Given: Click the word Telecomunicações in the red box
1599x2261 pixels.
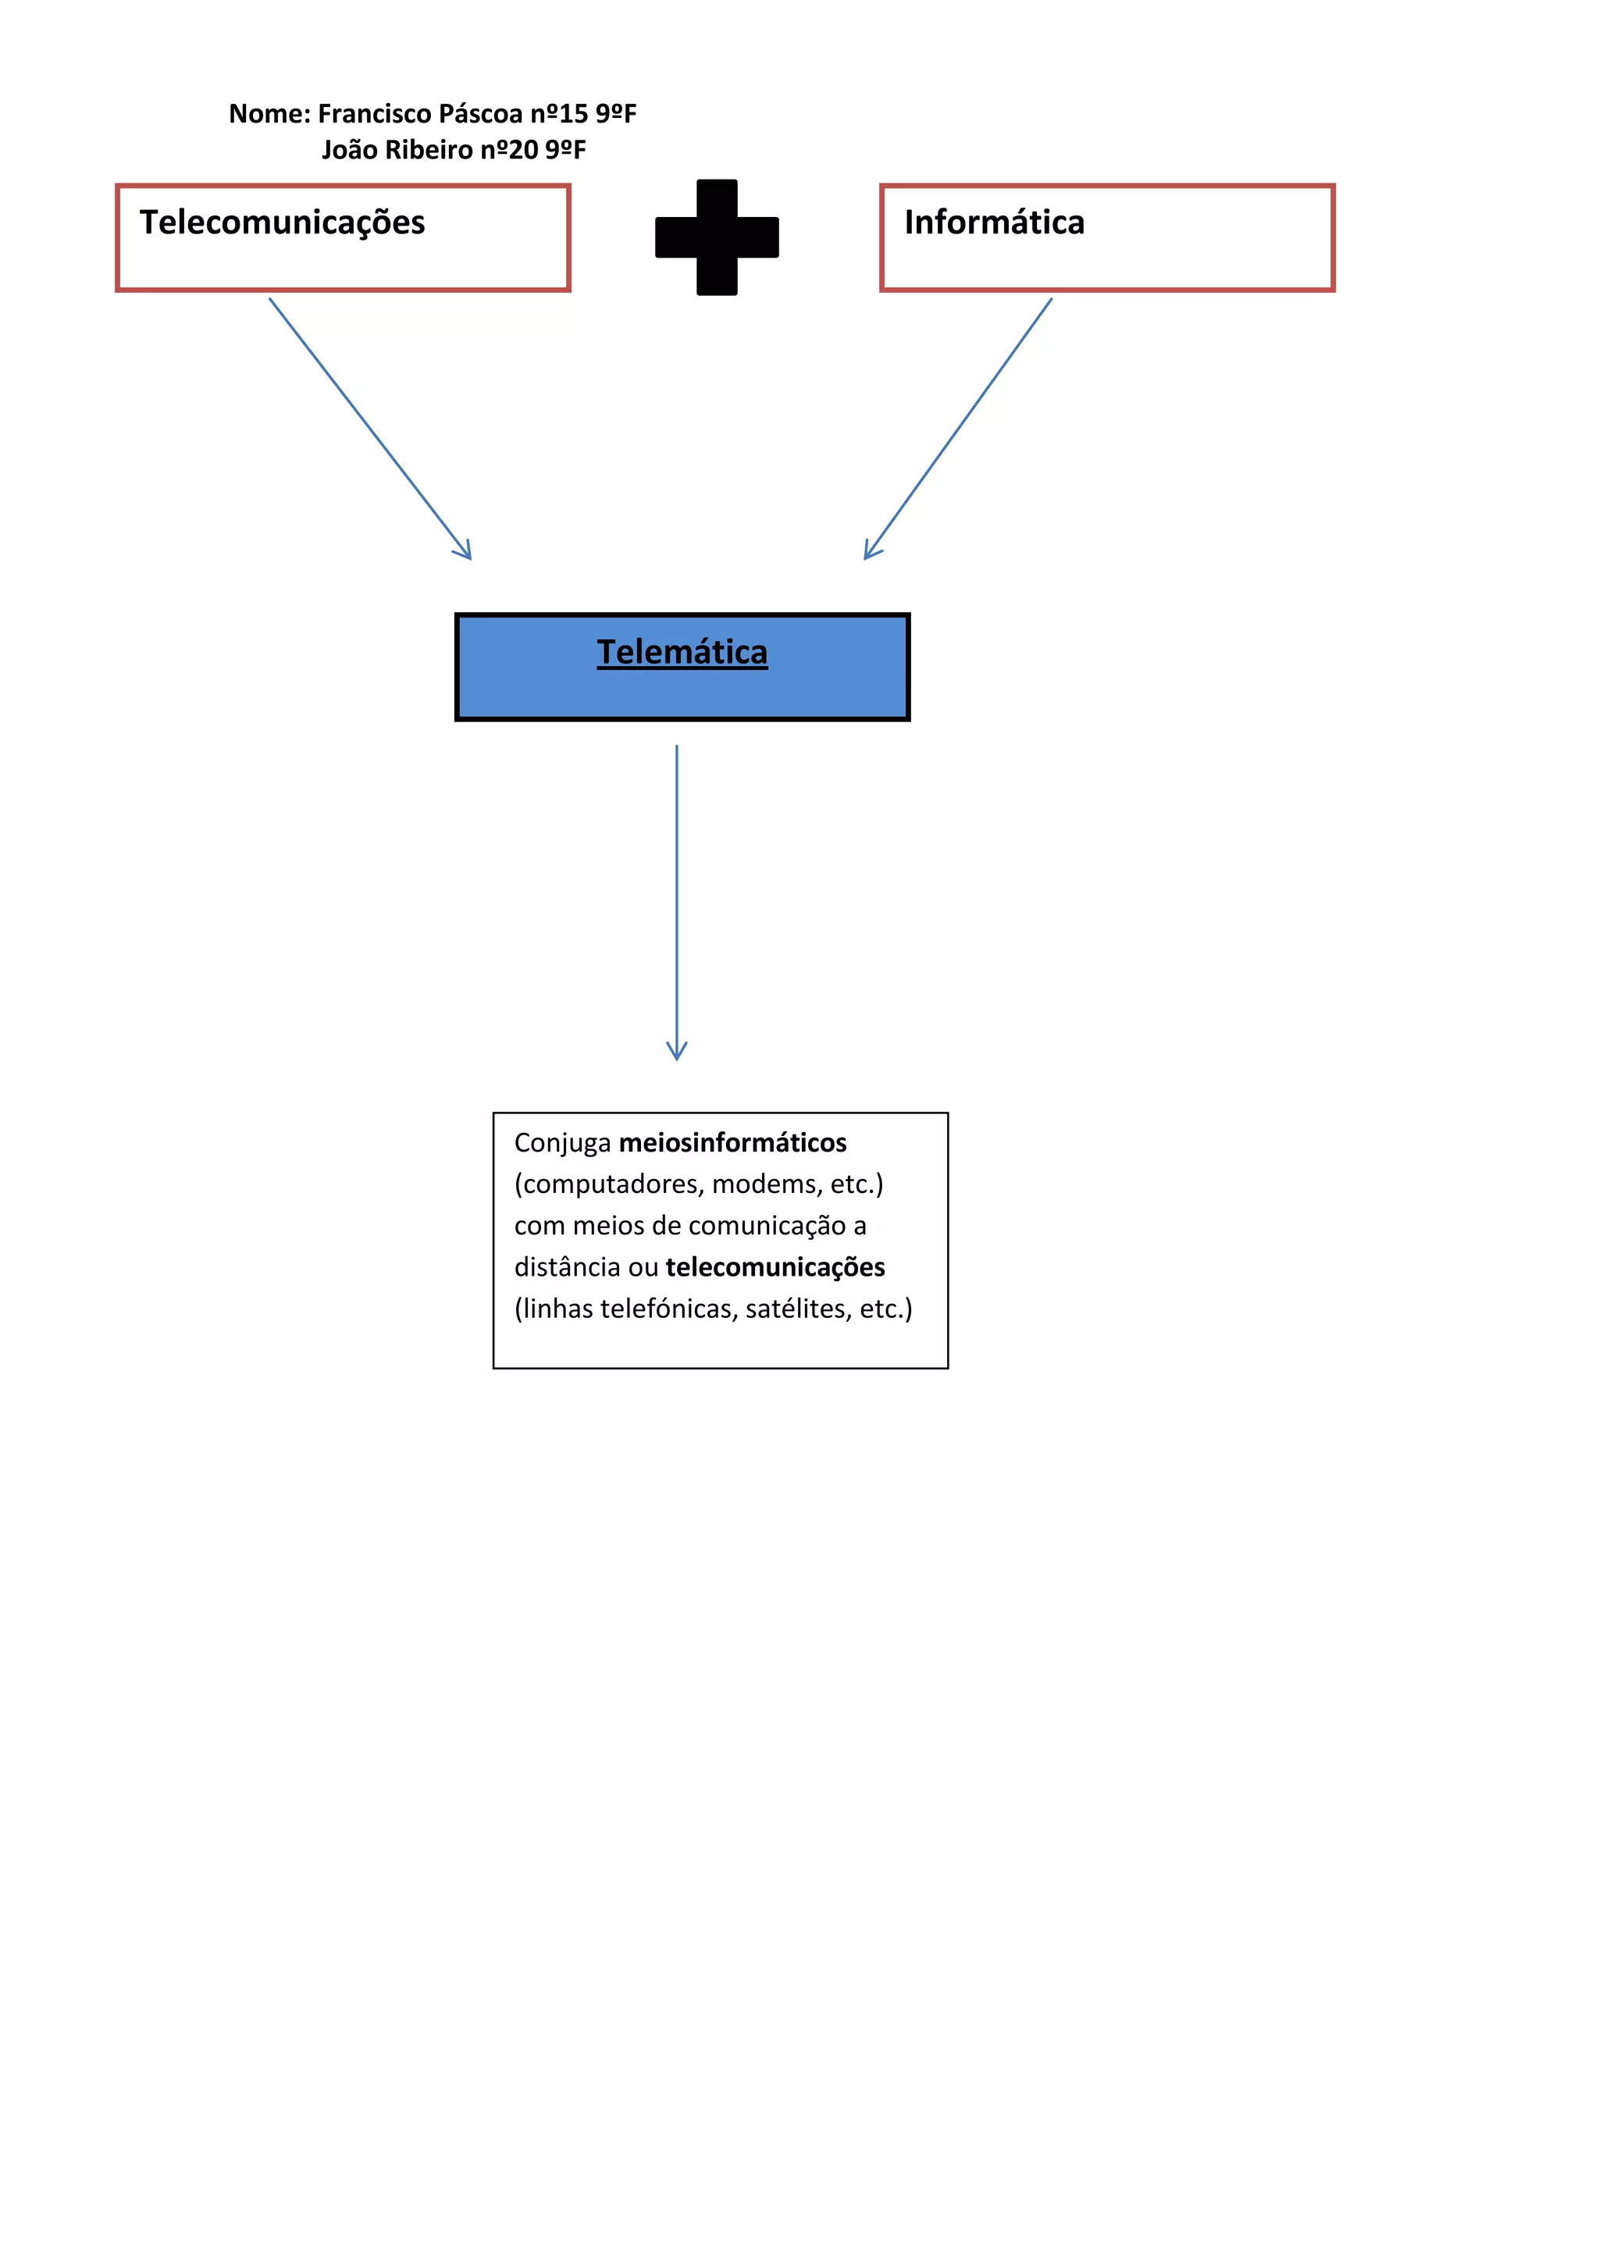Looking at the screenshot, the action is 282,223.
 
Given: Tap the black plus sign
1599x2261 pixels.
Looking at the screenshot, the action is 717,237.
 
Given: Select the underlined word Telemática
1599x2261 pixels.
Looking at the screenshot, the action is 682,653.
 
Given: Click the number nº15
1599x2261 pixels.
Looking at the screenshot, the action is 559,114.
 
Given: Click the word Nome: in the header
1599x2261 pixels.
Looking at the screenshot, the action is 270,114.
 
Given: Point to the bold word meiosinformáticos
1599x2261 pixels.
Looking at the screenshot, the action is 732,1142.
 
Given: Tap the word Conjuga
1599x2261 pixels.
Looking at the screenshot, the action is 562,1142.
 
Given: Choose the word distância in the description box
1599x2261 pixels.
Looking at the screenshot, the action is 567,1267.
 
